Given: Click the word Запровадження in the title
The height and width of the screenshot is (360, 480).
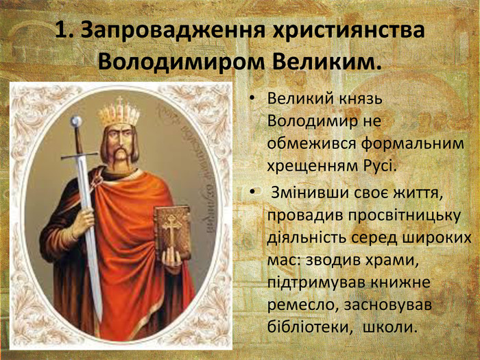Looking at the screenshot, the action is (172, 31).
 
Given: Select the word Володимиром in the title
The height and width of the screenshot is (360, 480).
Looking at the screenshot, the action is (181, 62).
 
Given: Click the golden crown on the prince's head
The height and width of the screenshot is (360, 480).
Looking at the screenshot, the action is (119, 112).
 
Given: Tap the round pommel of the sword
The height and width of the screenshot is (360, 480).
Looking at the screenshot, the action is (76, 121).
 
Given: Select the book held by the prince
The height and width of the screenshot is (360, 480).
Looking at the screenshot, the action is (172, 232).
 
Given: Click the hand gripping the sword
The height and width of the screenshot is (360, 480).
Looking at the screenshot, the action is (83, 221).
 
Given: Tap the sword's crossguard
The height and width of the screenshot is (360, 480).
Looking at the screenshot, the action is (79, 156).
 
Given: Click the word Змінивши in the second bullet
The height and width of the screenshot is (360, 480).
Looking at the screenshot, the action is (309, 194).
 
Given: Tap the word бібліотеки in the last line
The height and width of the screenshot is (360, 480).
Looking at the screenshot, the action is (309, 326).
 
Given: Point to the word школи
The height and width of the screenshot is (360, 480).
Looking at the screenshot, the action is (390, 327).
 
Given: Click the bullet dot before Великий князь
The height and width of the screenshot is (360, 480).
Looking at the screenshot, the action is (252, 99).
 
